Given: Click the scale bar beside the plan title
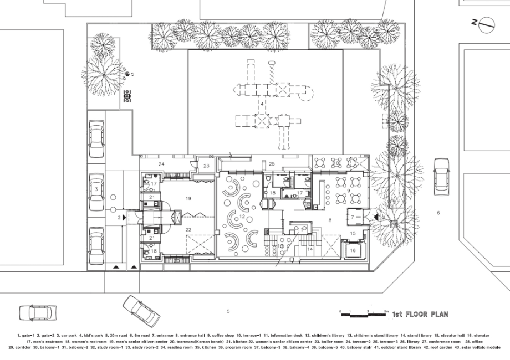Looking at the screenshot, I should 363,314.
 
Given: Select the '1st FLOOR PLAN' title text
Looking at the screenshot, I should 420,314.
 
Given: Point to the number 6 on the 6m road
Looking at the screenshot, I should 438,213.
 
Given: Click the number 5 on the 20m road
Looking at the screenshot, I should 228,311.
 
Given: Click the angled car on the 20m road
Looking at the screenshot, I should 140,310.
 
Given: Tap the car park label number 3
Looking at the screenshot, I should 96,189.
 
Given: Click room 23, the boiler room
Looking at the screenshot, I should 206,166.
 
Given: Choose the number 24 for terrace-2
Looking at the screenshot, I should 161,164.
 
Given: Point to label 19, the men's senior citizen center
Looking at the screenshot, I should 188,198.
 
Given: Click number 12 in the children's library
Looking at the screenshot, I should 242,217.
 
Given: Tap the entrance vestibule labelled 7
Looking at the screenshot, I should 353,217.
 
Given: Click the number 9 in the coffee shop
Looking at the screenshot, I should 349,191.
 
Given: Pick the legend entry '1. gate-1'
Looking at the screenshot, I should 25,335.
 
